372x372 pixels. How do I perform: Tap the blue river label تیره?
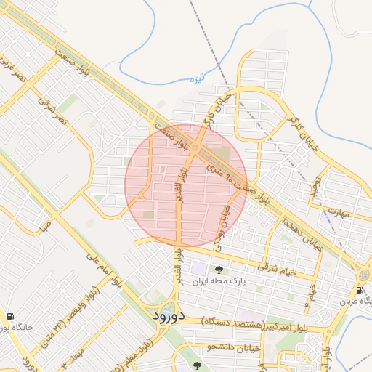tap(198, 78)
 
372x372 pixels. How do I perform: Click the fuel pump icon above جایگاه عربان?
tap(360, 289)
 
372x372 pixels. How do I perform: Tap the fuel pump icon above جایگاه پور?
tap(9, 316)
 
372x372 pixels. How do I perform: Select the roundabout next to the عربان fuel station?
tap(363, 274)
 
